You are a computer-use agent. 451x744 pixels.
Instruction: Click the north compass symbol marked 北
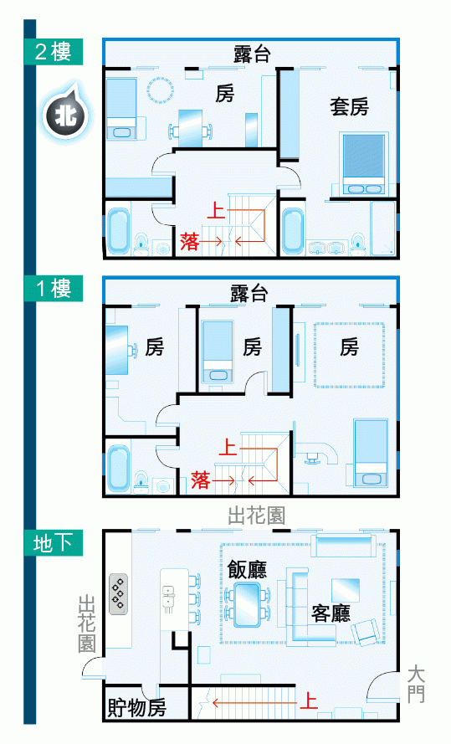pyautogui.click(x=65, y=115)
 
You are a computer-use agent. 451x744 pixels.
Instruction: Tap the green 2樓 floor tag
pyautogui.click(x=54, y=52)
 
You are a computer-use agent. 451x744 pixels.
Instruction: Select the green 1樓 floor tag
pyautogui.click(x=54, y=288)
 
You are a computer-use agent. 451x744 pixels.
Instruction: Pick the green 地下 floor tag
pyautogui.click(x=54, y=543)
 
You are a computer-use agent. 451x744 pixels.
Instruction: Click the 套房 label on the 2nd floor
pyautogui.click(x=350, y=106)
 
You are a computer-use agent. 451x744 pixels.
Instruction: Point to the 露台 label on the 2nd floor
pyautogui.click(x=252, y=54)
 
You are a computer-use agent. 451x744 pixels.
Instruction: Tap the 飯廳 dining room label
pyautogui.click(x=247, y=569)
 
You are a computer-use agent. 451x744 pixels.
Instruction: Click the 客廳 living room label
pyautogui.click(x=331, y=613)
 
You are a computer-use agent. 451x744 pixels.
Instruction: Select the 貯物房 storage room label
pyautogui.click(x=136, y=707)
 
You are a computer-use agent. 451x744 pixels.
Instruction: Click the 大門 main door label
pyautogui.click(x=416, y=684)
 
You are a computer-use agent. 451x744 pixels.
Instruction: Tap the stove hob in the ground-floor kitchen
pyautogui.click(x=119, y=594)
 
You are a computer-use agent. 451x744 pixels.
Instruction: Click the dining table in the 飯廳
pyautogui.click(x=247, y=603)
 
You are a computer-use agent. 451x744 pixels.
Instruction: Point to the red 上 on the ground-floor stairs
pyautogui.click(x=309, y=700)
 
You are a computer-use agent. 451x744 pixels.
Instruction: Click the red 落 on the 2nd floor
pyautogui.click(x=189, y=241)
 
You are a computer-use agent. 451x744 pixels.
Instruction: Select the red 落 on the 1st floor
pyautogui.click(x=201, y=480)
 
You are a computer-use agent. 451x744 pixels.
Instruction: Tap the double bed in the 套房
pyautogui.click(x=364, y=164)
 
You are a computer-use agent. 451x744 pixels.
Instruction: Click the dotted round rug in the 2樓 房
pyautogui.click(x=161, y=90)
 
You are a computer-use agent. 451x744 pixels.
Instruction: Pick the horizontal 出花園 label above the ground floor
pyautogui.click(x=257, y=515)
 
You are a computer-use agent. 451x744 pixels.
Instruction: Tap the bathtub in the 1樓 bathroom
pyautogui.click(x=118, y=468)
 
